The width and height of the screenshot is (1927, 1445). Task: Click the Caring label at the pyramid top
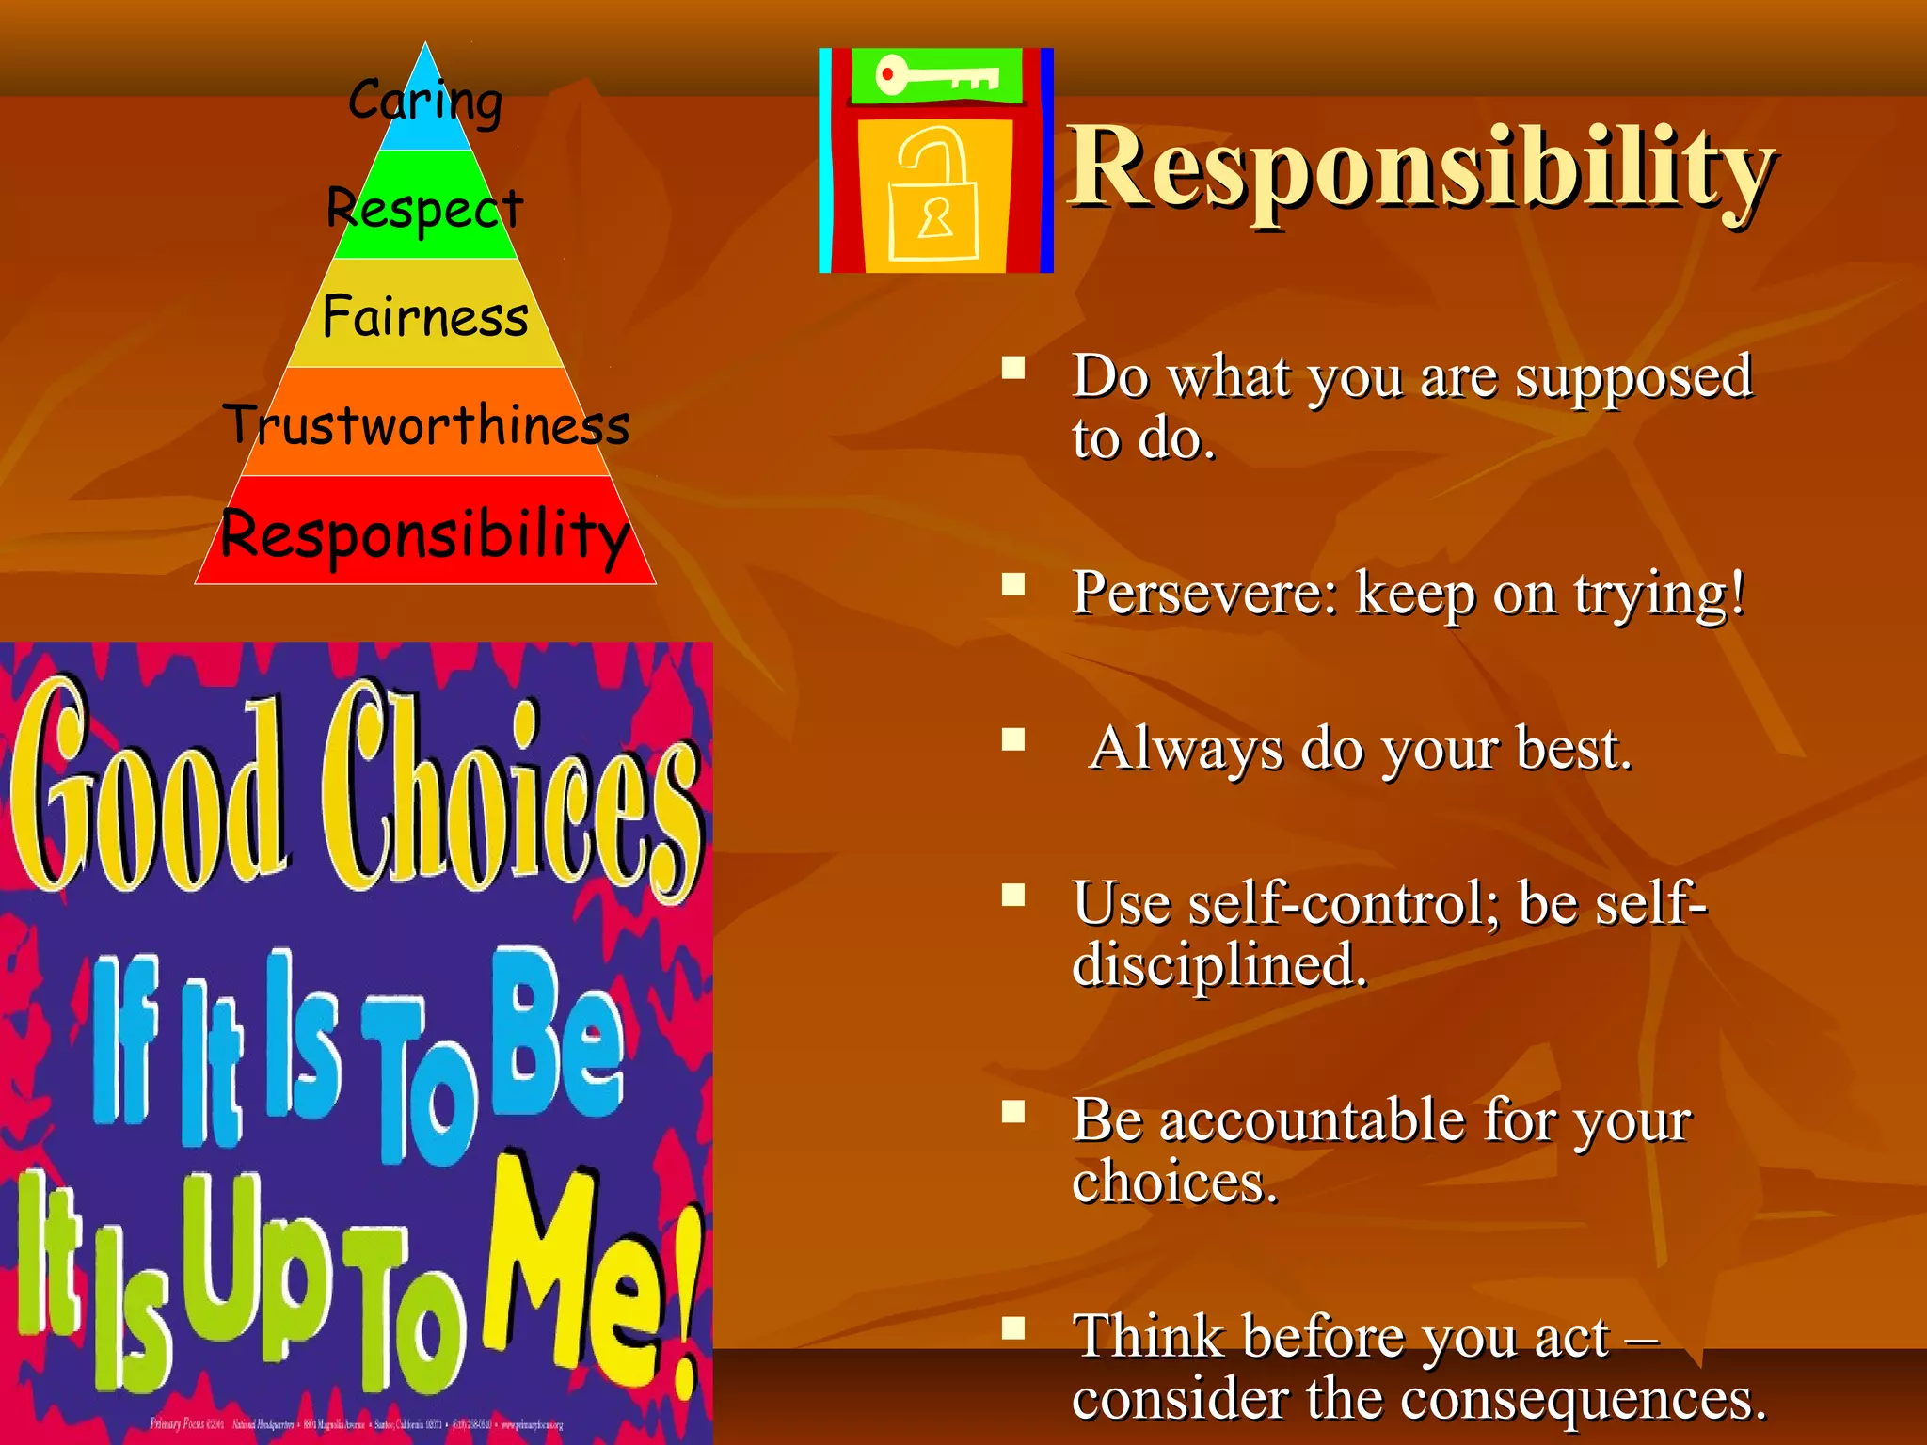(425, 101)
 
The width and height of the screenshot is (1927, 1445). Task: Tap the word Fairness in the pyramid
(425, 317)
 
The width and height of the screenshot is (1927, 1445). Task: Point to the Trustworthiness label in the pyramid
(425, 425)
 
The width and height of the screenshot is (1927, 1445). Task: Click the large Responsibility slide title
(1421, 169)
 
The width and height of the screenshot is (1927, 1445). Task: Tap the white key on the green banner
(935, 75)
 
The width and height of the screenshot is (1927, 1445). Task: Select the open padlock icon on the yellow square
(933, 196)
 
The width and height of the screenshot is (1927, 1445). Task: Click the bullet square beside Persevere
(1013, 585)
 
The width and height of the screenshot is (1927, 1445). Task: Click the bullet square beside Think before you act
(1013, 1328)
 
